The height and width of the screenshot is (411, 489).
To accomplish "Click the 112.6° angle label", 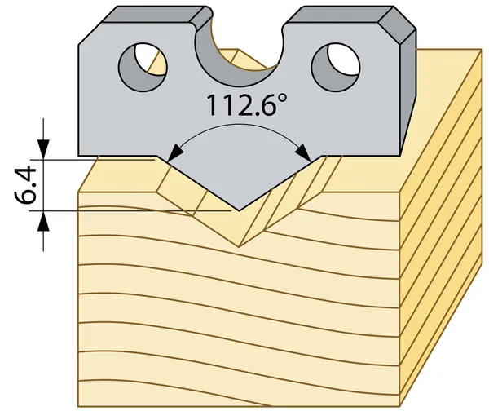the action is pyautogui.click(x=246, y=105).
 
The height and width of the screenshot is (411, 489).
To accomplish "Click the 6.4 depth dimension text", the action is pyautogui.click(x=25, y=185).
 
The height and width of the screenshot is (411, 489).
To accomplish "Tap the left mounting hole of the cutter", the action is pyautogui.click(x=143, y=67).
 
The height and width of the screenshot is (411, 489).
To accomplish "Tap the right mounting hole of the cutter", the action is pyautogui.click(x=336, y=67).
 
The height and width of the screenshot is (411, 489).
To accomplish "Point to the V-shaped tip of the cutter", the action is pyautogui.click(x=239, y=210).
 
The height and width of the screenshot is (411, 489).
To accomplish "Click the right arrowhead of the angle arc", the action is pyautogui.click(x=303, y=153).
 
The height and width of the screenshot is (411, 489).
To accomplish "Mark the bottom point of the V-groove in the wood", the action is pyautogui.click(x=239, y=246).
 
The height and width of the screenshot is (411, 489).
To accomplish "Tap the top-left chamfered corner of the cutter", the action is pyautogui.click(x=90, y=33).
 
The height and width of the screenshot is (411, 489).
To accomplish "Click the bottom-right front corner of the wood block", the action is pyautogui.click(x=400, y=406).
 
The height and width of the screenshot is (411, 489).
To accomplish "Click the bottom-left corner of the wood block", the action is pyautogui.click(x=78, y=406).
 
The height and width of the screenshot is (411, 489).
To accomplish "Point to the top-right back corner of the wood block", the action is pyautogui.click(x=482, y=49).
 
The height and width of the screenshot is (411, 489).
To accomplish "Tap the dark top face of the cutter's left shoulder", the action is pyautogui.click(x=154, y=15).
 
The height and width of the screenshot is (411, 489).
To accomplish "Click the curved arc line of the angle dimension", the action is pyautogui.click(x=239, y=124).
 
